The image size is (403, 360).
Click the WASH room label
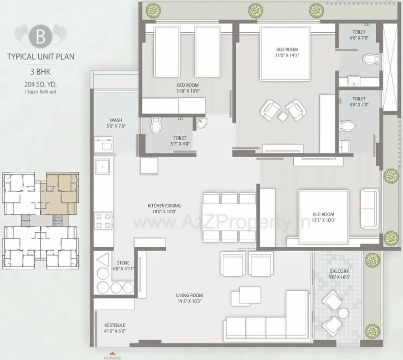(116, 120)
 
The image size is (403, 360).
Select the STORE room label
(123, 263)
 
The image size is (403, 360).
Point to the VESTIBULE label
(115, 325)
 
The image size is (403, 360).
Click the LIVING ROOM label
(189, 295)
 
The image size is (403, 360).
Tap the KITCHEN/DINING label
(164, 206)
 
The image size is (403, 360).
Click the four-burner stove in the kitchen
(103, 221)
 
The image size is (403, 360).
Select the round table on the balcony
(343, 313)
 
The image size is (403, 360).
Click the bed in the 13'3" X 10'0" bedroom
(323, 217)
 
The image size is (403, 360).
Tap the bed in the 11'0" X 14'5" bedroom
(285, 54)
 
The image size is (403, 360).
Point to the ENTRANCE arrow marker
(112, 354)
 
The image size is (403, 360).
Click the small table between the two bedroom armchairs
(283, 116)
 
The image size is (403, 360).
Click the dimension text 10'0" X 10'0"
(188, 91)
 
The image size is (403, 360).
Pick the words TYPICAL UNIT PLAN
(41, 57)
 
